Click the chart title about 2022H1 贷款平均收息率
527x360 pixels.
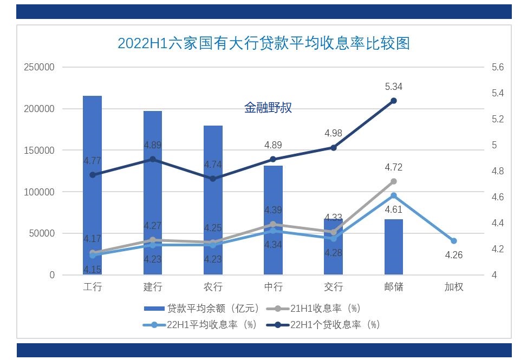(263, 43)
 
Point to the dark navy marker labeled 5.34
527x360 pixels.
(394, 101)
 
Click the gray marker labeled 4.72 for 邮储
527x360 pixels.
(394, 181)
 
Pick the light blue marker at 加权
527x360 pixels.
(454, 241)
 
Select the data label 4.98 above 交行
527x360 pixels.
(333, 133)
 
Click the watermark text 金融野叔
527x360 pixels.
(268, 108)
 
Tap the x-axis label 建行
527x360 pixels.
(153, 287)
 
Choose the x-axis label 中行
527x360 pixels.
(273, 287)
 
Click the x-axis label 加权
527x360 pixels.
(454, 287)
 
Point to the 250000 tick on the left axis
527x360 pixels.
(39, 67)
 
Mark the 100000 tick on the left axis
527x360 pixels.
(39, 192)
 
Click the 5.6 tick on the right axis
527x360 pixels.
(497, 67)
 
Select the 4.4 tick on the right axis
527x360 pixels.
(497, 223)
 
